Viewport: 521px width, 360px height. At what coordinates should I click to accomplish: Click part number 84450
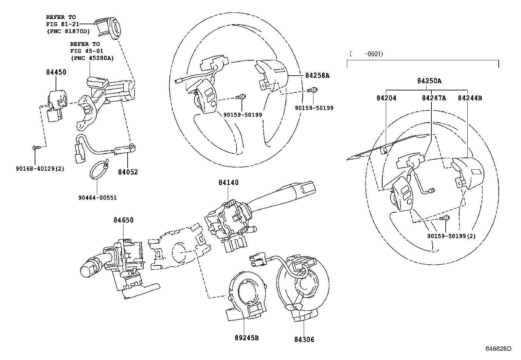point(56,72)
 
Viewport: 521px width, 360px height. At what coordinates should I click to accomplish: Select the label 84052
point(128,172)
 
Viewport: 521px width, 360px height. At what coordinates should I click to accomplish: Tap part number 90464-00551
point(98,198)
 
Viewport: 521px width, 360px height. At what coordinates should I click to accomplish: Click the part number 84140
point(228,182)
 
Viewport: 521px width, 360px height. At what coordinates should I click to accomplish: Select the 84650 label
point(123,220)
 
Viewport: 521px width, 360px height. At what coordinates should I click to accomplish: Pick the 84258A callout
point(317,75)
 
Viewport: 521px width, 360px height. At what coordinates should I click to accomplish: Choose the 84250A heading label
point(429,81)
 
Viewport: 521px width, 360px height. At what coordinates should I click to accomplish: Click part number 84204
point(386,98)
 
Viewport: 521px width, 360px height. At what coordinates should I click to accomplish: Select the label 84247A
point(434,98)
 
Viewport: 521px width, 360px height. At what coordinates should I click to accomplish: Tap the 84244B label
point(470,98)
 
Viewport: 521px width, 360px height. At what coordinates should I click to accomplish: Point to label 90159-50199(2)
point(451,236)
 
